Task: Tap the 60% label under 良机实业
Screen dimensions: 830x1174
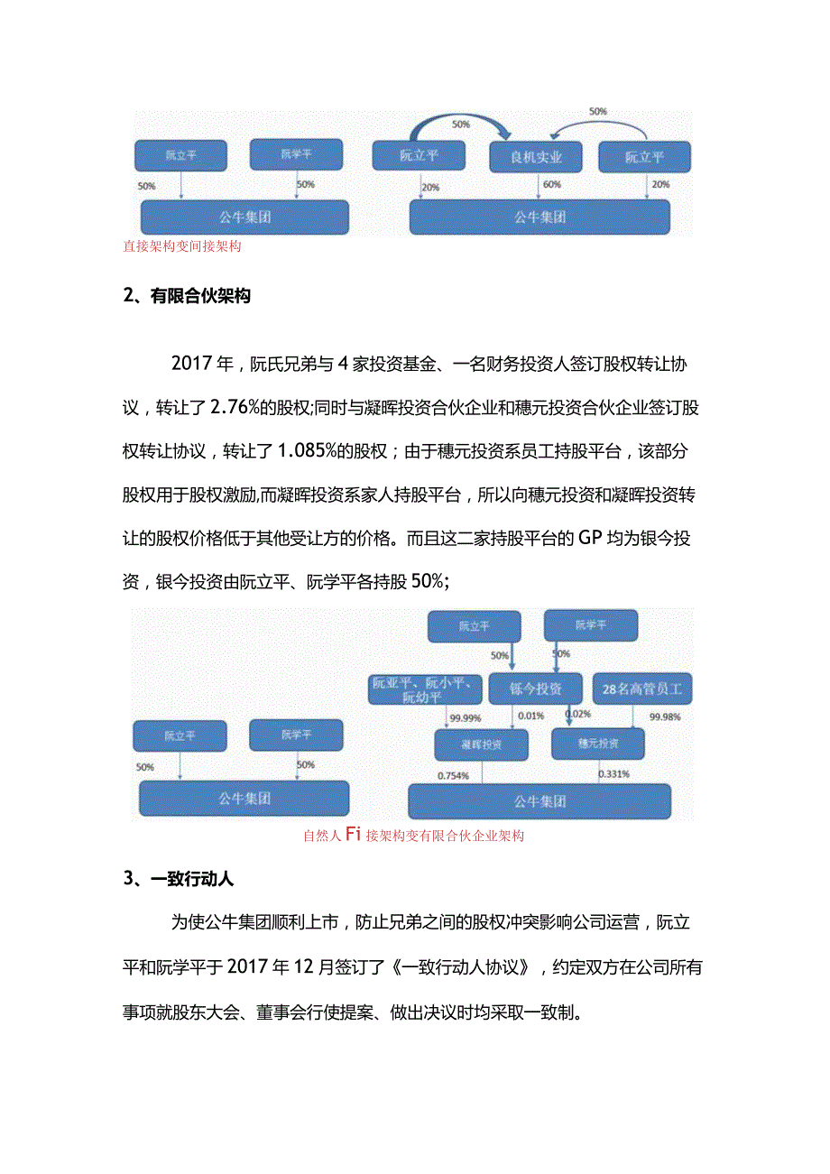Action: (x=550, y=184)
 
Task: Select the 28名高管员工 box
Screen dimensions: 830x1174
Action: (x=641, y=689)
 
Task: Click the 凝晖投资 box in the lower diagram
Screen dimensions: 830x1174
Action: (x=481, y=744)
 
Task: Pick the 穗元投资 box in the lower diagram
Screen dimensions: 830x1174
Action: (x=598, y=744)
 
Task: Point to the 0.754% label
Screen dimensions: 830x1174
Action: (x=453, y=775)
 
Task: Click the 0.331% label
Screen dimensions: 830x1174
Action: (x=613, y=773)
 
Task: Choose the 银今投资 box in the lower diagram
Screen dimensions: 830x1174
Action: (x=536, y=689)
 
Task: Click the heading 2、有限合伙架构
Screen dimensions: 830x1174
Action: (x=187, y=296)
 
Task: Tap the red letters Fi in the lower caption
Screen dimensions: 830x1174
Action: (x=353, y=835)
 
